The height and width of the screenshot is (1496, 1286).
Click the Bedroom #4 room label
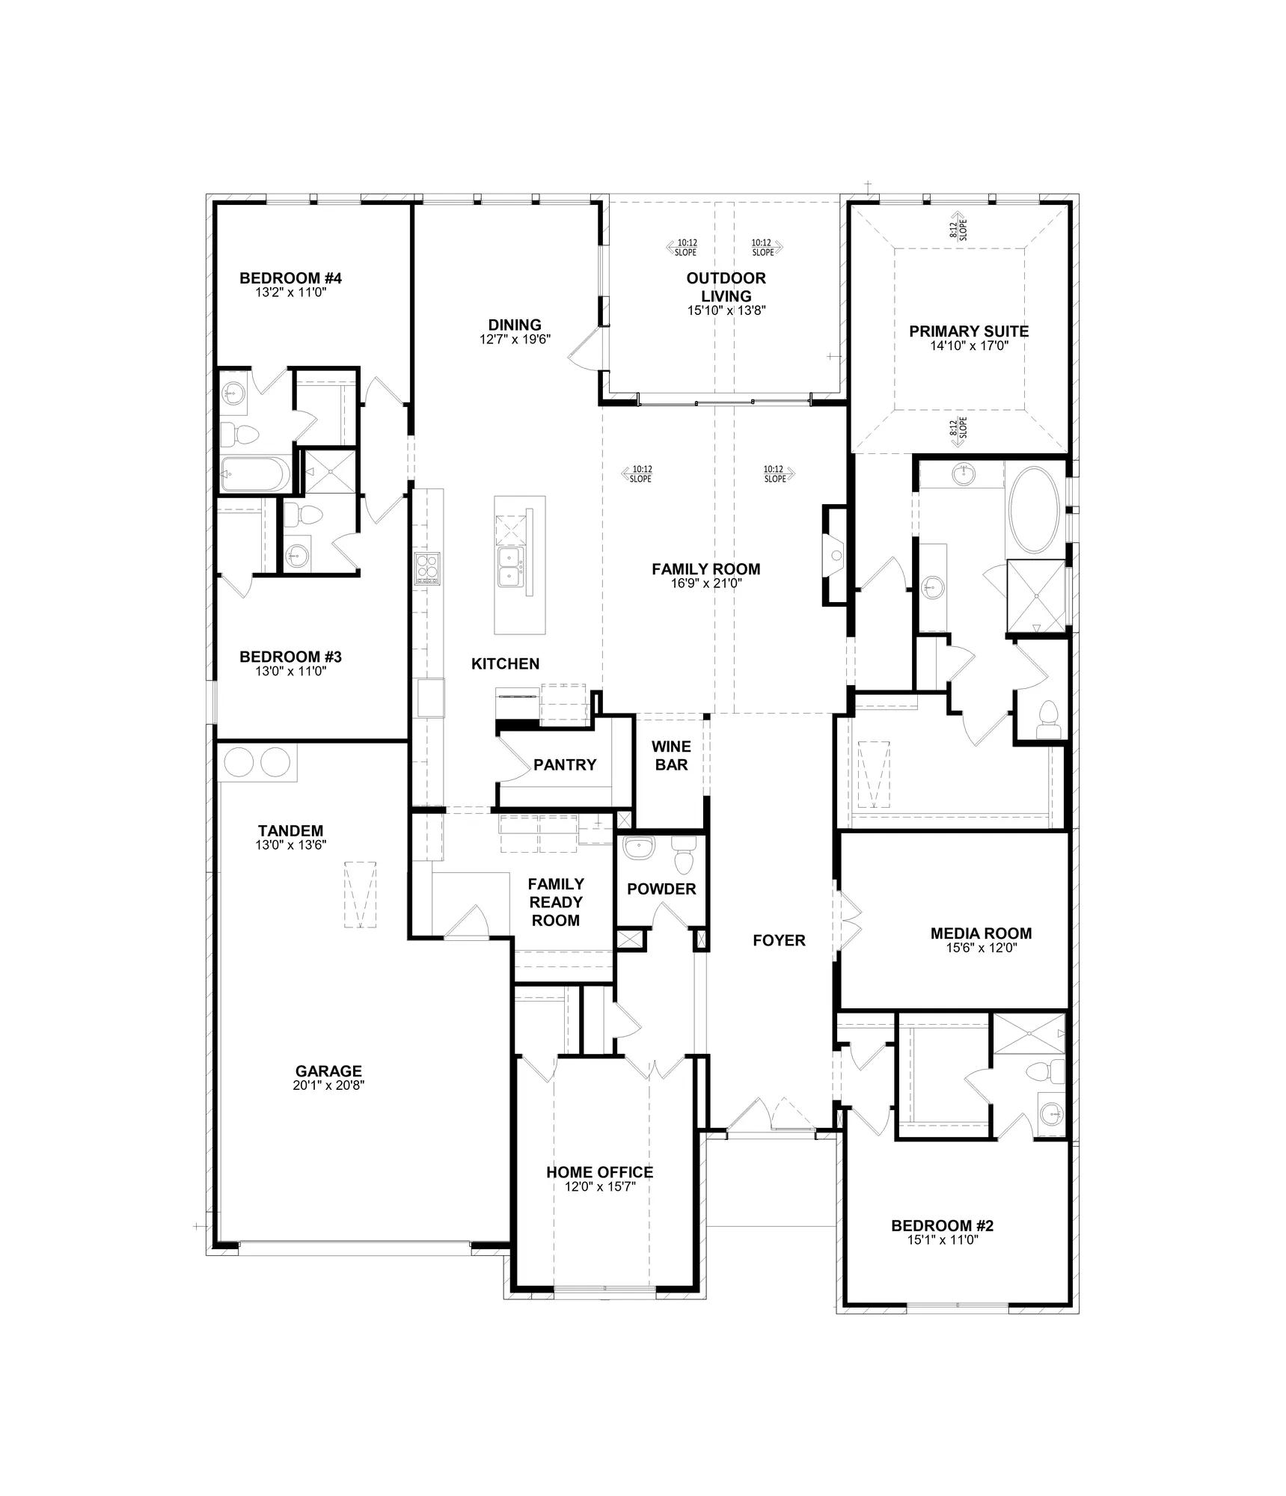(x=290, y=278)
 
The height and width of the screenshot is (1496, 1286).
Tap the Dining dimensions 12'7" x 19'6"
(x=515, y=339)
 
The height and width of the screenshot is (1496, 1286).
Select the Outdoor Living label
(x=726, y=287)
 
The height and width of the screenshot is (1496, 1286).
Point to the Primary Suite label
(x=969, y=331)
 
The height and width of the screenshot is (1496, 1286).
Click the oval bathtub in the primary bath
(x=1034, y=510)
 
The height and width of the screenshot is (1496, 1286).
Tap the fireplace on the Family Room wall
(x=836, y=555)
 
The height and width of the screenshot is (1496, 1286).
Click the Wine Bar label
(x=671, y=755)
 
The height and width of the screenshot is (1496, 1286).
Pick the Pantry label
(x=565, y=764)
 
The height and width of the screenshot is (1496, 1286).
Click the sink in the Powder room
(x=638, y=847)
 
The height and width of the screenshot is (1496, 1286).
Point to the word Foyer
(x=779, y=940)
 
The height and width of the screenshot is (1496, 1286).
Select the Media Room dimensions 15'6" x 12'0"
(x=982, y=948)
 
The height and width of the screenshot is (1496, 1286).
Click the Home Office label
(x=599, y=1172)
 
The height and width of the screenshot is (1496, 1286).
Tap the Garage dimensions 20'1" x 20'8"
(x=328, y=1085)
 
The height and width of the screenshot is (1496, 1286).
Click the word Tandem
(x=290, y=830)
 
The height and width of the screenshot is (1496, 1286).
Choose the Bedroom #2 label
(x=942, y=1226)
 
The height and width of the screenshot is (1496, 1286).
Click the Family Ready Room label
(x=556, y=902)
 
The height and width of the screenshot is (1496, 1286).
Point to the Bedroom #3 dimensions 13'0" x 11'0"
(x=290, y=671)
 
